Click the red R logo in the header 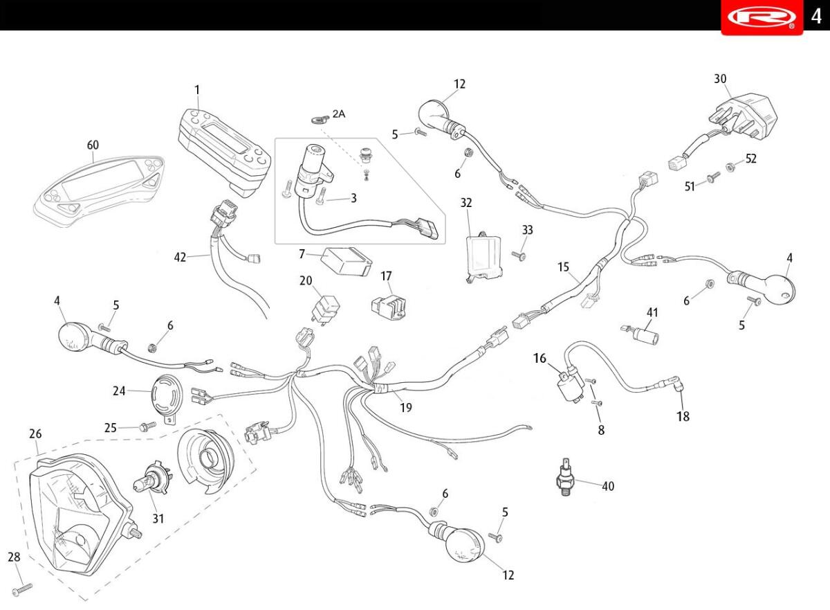click(x=762, y=17)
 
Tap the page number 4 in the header click(x=816, y=17)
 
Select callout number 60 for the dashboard click(x=93, y=145)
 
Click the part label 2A click(x=338, y=114)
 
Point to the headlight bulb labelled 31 click(x=153, y=478)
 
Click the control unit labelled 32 click(x=484, y=257)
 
